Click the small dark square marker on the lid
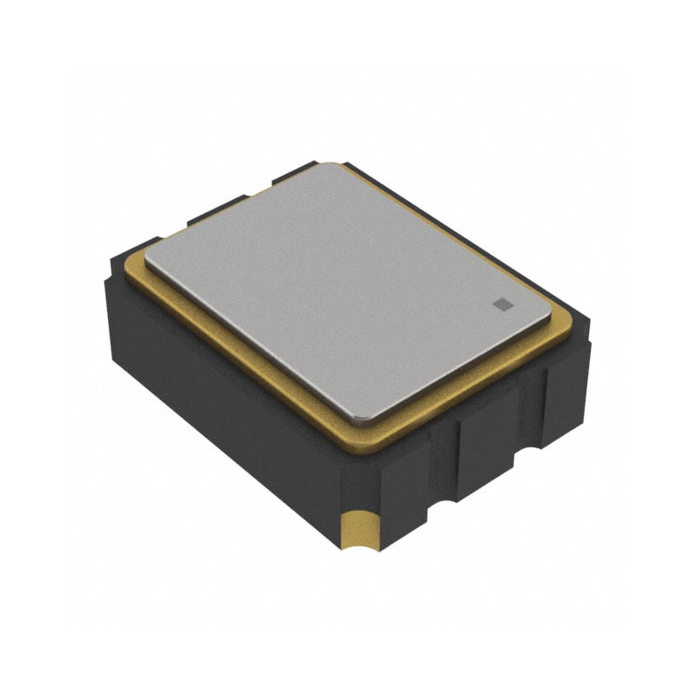pos(502,303)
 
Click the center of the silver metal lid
pos(348,287)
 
